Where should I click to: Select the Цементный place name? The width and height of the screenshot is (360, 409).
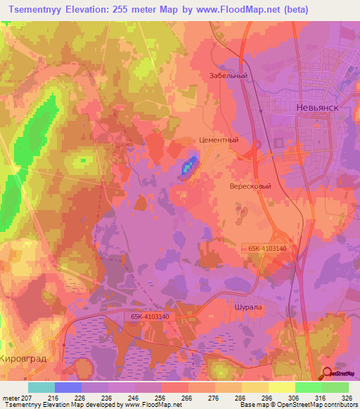pyautogui.click(x=219, y=140)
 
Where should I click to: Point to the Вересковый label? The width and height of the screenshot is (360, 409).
pyautogui.click(x=250, y=187)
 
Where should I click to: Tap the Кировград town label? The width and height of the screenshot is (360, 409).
pyautogui.click(x=25, y=358)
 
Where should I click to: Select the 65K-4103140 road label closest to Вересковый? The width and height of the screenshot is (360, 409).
pyautogui.click(x=268, y=248)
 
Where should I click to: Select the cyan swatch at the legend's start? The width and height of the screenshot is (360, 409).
pyautogui.click(x=41, y=387)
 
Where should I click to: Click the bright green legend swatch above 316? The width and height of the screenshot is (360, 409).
pyautogui.click(x=308, y=387)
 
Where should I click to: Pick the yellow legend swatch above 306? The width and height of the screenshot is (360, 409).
pyautogui.click(x=281, y=387)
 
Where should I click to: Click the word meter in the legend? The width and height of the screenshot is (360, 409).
pyautogui.click(x=10, y=397)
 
